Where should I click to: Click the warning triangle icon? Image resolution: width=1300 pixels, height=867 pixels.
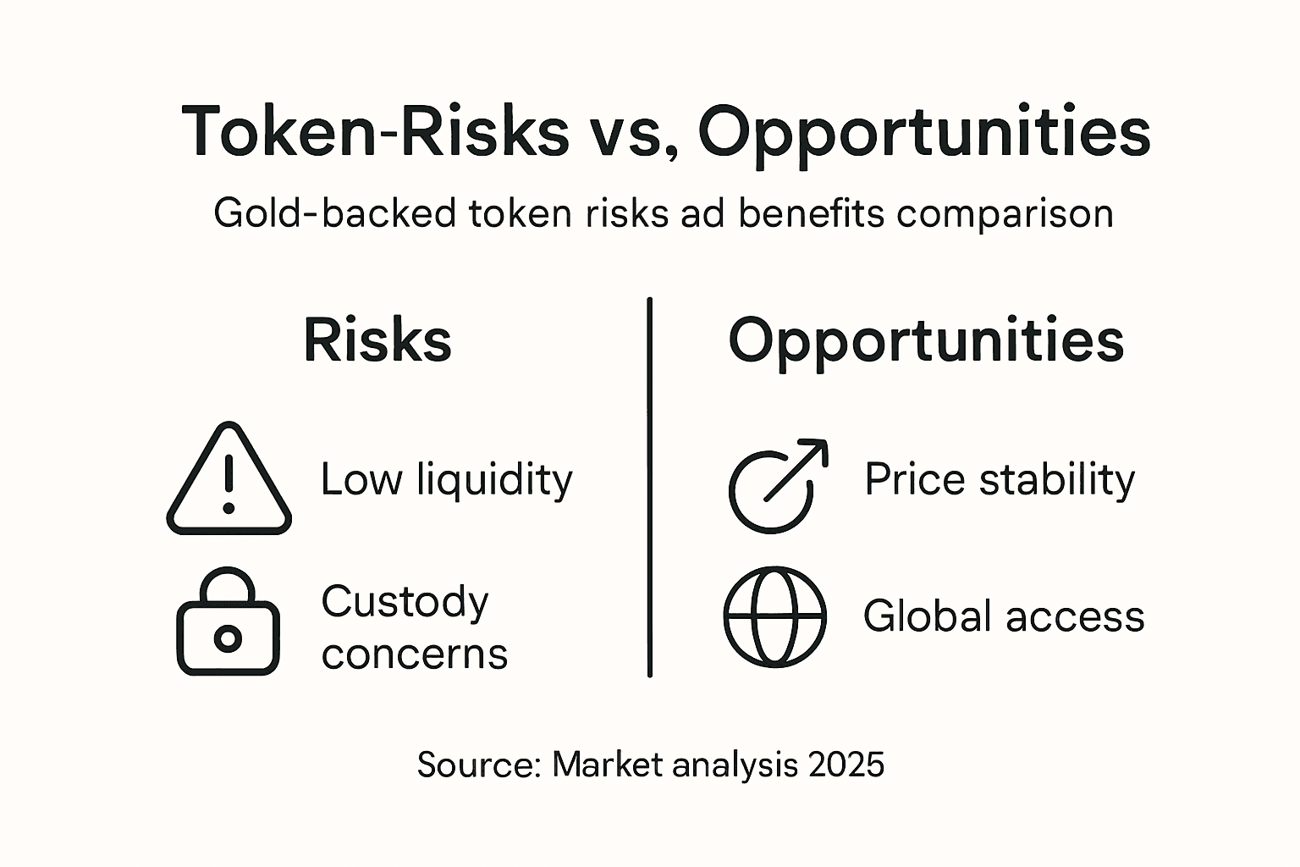coord(229,481)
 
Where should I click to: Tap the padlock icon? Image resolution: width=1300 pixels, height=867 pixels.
coord(228,624)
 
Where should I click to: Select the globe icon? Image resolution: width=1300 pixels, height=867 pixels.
coord(774,616)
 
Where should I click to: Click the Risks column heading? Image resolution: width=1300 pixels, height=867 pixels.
coord(377,341)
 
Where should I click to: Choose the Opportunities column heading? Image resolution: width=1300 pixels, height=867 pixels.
coord(926,341)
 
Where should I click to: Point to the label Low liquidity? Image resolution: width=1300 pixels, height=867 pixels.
coord(446,480)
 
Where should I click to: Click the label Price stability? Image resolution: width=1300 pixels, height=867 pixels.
coord(999,480)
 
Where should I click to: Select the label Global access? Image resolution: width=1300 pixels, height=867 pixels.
coord(1004,616)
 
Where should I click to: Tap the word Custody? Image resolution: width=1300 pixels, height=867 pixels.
coord(405,602)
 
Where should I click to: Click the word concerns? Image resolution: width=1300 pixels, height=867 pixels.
coord(415,654)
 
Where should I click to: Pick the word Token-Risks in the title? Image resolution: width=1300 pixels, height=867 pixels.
coord(375,132)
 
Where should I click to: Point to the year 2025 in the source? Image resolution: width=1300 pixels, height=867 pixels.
coord(846,765)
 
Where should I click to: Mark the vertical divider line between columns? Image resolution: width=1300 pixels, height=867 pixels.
coord(649,487)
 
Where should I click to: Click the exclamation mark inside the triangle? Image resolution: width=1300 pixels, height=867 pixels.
coord(229,483)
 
